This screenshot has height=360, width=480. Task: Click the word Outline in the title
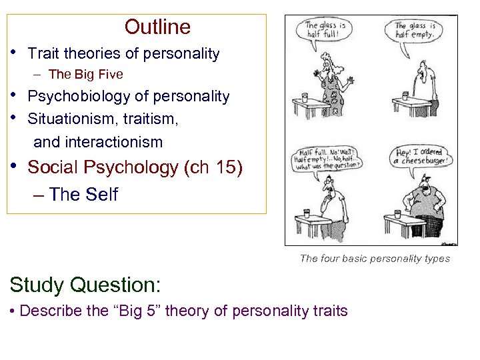tap(157, 27)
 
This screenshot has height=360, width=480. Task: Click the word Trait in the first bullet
tap(43, 54)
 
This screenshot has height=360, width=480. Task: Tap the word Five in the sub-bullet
tap(109, 74)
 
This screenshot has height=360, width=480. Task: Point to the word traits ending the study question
tap(329, 311)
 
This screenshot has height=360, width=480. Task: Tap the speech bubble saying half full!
tap(321, 30)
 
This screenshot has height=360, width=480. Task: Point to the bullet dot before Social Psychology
tap(13, 166)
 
